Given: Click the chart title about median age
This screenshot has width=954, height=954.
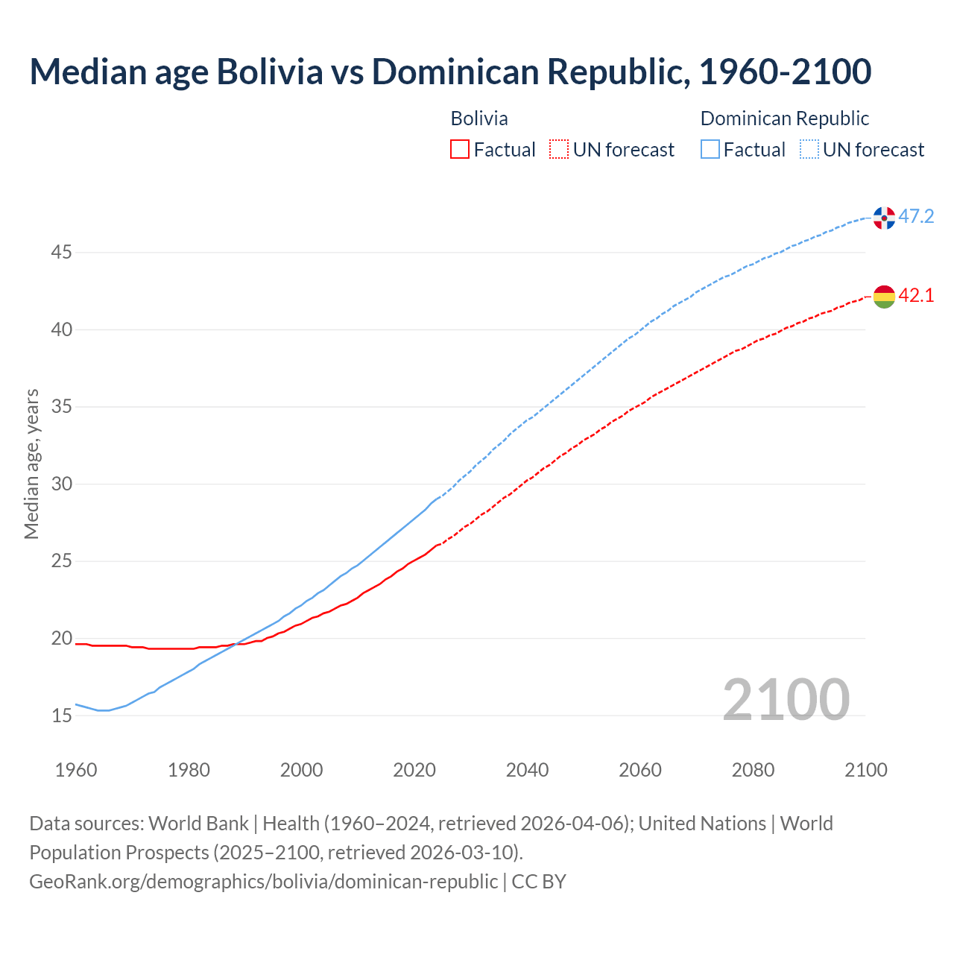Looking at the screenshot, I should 450,72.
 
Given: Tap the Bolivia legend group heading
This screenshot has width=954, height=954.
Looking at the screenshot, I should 479,119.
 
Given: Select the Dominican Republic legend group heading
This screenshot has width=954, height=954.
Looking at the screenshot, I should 785,119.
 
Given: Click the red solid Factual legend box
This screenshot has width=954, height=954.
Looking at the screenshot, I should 460,150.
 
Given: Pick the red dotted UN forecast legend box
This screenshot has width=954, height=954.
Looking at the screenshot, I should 559,150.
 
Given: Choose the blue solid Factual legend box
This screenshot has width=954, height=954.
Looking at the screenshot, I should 710,150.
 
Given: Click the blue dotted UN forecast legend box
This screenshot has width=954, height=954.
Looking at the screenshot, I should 809,150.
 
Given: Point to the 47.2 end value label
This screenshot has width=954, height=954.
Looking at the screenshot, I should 916,217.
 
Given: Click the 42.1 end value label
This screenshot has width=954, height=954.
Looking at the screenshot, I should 916,296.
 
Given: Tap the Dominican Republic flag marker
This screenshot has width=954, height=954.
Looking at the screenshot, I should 884,218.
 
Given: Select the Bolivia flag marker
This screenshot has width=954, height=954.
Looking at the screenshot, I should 884,297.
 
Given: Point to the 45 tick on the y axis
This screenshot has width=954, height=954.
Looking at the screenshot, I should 61,253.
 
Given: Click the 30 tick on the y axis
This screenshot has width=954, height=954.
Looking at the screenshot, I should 61,484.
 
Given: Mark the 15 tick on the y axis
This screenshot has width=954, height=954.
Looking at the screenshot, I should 61,716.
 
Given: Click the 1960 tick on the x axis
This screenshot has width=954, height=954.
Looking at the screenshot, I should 76,770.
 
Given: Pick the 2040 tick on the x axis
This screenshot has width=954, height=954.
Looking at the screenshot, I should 527,770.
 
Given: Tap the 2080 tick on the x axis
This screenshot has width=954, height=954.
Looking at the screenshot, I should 753,770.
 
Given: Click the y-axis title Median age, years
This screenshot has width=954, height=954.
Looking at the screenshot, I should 31,464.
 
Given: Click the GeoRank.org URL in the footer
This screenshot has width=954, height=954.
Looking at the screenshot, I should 263,882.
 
